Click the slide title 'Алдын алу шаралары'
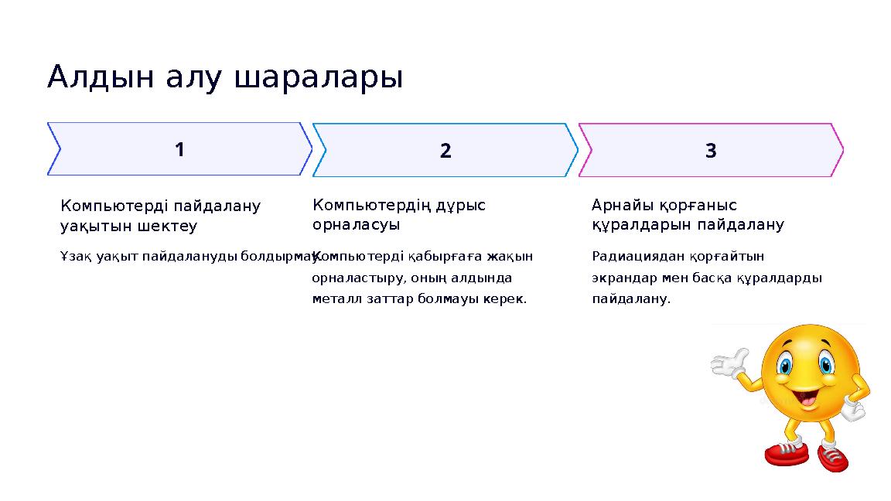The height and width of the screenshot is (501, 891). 224,77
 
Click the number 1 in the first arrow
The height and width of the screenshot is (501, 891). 179,149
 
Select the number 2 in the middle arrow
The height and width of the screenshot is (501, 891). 445,151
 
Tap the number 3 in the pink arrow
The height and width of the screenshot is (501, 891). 711,151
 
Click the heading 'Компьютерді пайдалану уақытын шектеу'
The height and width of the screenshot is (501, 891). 160,216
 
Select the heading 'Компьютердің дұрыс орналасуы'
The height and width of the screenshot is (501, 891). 398,215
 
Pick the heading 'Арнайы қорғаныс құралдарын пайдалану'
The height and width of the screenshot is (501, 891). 687,215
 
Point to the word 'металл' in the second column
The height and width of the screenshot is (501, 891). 334,298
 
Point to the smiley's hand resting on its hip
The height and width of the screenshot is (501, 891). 853,408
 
